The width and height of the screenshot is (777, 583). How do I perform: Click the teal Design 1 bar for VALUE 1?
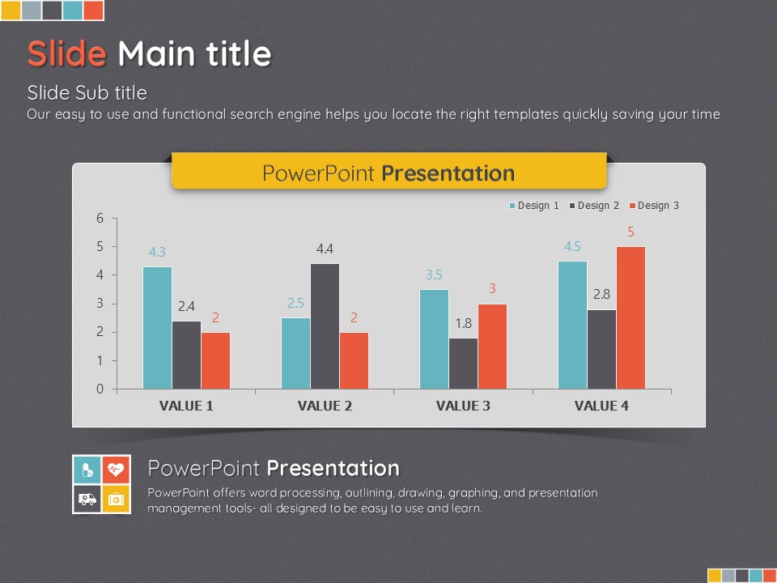pos(158,328)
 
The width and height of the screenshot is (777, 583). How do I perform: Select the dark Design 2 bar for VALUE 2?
pos(325,326)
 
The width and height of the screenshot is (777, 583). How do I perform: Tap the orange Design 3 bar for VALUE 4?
pos(631,317)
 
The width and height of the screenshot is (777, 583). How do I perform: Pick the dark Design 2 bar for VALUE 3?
pos(463,364)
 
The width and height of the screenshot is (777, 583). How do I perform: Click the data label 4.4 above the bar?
pos(325,249)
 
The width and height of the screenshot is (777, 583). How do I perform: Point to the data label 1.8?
pos(463,324)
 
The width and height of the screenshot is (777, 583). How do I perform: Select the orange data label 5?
pos(631,232)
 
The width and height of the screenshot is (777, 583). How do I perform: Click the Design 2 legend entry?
pos(594,205)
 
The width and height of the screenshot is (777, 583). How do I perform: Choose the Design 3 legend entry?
pos(654,205)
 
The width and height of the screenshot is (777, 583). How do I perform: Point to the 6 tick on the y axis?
pos(100,218)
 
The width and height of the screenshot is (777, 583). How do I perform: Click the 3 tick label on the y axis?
pos(100,304)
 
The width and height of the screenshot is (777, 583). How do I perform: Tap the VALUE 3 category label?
pos(463,406)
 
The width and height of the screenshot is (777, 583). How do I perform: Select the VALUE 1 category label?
pos(186,406)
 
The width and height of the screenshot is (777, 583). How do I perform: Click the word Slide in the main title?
pos(67,53)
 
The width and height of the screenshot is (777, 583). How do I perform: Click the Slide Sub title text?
pos(87,92)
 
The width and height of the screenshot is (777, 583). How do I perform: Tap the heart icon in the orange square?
pos(116,469)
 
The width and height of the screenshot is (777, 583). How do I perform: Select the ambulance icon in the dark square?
pos(87,498)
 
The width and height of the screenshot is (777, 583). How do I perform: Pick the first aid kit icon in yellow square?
pos(116,498)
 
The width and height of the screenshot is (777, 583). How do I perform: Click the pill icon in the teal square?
pos(87,469)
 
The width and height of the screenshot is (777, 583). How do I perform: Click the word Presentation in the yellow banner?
pos(448,173)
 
